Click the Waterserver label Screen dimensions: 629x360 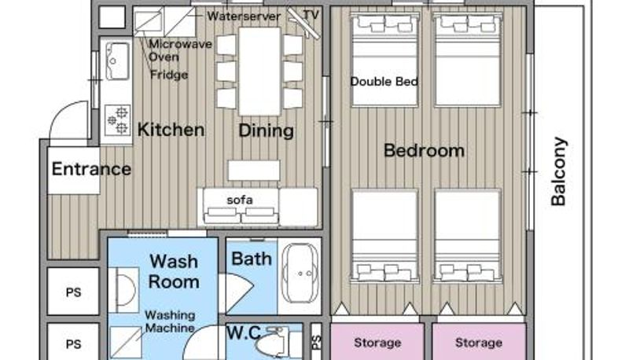point(244,17)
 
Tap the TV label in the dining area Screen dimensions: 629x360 point(311,15)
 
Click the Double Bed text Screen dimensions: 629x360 point(384,82)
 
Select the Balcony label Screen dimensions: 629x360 point(558,171)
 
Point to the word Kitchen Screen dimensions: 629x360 point(171,130)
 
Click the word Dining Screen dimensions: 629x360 point(266,130)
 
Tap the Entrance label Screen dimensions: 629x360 point(91,169)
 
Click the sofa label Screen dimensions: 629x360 point(240,200)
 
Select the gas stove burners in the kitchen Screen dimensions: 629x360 point(117,119)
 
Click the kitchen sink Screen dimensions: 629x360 point(117,61)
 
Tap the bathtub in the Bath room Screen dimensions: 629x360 point(300,274)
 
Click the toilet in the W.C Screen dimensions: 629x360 point(273,343)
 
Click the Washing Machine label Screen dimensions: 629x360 point(170,321)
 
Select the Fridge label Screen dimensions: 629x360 point(169,75)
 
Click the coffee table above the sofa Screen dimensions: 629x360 point(254,171)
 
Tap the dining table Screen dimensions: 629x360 point(259,72)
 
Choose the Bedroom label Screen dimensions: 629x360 point(424,151)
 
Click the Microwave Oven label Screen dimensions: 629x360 point(180,50)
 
